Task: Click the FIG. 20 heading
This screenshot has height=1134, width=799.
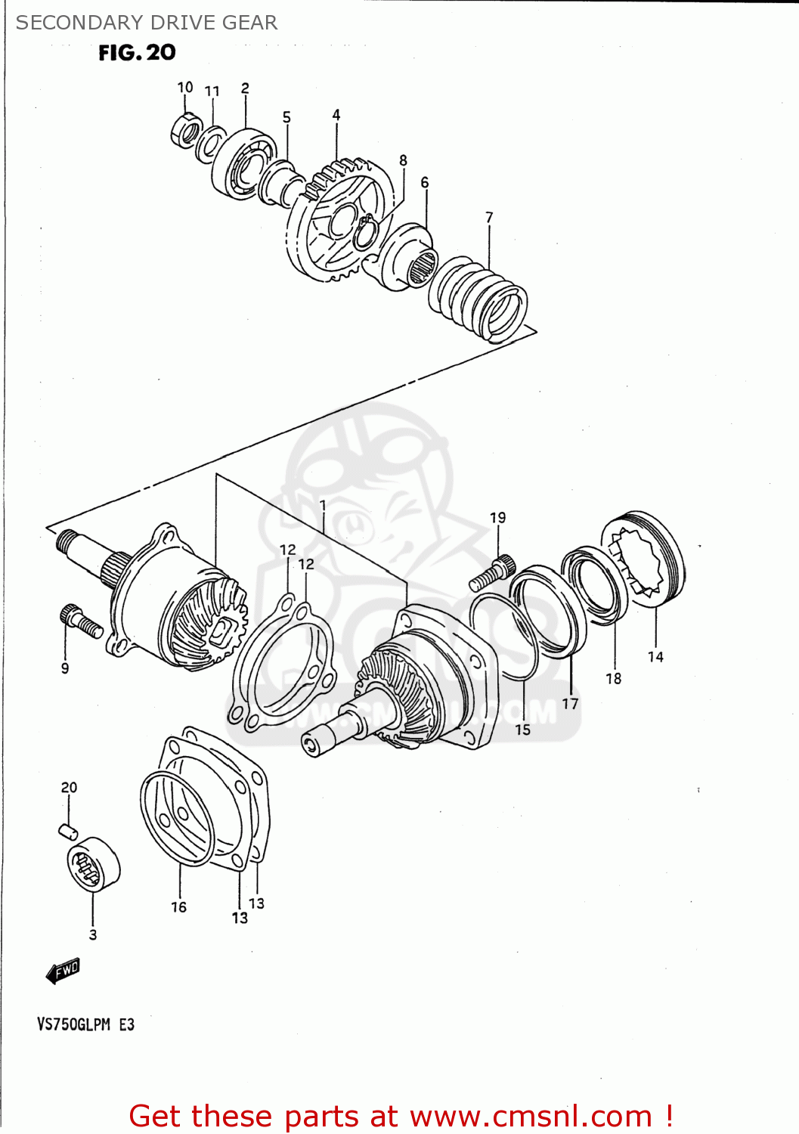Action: tap(137, 52)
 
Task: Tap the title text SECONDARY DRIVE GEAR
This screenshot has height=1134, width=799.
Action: tap(147, 23)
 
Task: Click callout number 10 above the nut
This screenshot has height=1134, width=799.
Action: tap(185, 88)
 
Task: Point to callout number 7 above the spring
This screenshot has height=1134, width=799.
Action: tap(489, 218)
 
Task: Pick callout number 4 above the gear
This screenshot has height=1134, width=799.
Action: tap(336, 115)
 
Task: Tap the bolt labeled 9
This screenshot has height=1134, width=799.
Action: tap(79, 621)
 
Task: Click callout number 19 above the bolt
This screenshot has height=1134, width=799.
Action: tap(497, 518)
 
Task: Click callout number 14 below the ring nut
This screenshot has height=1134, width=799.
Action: tap(655, 657)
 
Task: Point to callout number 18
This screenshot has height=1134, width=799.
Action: tap(613, 679)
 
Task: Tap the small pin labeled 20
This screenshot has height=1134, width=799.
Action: tap(68, 830)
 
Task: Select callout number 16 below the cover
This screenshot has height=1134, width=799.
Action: tap(178, 907)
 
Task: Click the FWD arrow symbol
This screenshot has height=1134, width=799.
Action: tap(63, 971)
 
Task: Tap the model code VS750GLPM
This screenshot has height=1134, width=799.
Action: tap(74, 1025)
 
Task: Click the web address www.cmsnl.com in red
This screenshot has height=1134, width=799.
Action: tap(531, 1116)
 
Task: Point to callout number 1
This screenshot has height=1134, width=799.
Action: tap(323, 505)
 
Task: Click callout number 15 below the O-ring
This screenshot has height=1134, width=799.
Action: tap(522, 730)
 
